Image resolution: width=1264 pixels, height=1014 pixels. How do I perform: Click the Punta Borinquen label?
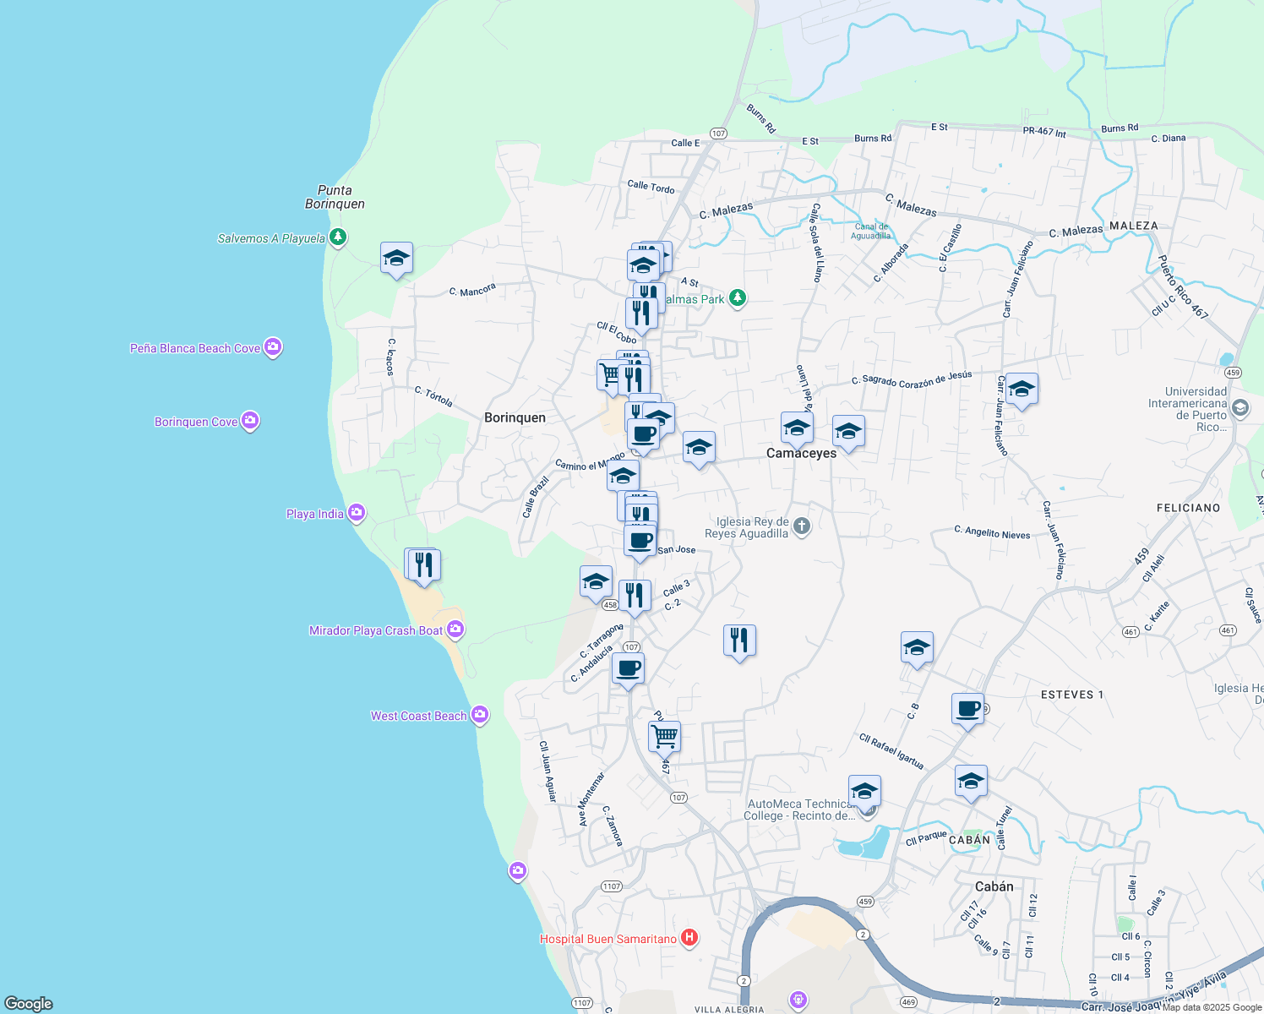coord(335,197)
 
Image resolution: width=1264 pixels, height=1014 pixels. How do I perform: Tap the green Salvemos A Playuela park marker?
coord(338,237)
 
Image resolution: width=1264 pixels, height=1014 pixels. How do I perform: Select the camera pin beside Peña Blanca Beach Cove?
coord(272,347)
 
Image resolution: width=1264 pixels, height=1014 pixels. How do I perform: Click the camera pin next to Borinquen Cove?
coord(249,421)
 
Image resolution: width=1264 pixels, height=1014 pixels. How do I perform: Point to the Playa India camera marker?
coord(357,512)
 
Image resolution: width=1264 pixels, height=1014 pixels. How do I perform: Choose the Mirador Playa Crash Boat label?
coord(376,630)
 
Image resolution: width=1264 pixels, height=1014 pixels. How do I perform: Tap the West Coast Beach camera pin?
coord(480,715)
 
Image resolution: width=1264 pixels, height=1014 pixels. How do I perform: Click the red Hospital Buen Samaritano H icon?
coord(689,938)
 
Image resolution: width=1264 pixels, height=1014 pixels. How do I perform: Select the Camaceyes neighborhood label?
coord(801,453)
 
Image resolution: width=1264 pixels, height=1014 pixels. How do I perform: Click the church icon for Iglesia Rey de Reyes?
coord(802,526)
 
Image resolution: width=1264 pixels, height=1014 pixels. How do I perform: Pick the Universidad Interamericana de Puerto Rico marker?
coord(1240,408)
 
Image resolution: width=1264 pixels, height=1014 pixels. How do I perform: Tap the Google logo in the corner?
coord(29,1003)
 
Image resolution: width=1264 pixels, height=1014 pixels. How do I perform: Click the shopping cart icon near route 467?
coord(664,735)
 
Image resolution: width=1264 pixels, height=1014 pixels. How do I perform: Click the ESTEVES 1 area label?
coord(1072,695)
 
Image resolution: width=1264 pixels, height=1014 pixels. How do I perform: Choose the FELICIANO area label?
coord(1188,508)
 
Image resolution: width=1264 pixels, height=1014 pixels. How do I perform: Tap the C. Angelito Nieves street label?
coord(992,532)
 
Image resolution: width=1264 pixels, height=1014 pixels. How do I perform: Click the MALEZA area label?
coord(1134,226)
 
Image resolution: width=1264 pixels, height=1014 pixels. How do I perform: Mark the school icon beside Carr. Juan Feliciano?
coord(1022,389)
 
